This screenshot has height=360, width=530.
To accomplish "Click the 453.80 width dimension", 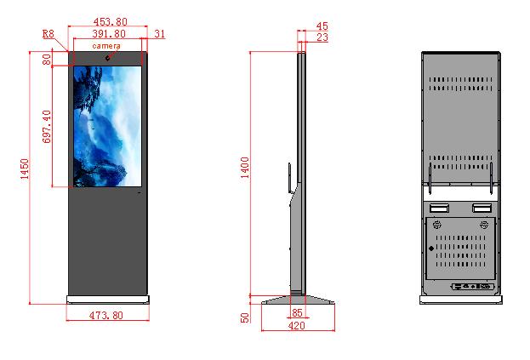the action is (111, 21).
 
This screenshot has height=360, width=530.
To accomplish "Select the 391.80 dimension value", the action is (109, 33).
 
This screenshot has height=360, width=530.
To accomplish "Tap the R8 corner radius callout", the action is (48, 34).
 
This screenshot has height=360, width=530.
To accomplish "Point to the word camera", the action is (106, 46).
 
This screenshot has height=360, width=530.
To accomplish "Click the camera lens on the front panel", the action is (108, 58).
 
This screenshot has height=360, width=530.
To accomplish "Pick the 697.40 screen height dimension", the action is (47, 127).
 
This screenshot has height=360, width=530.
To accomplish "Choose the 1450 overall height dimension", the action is (25, 169).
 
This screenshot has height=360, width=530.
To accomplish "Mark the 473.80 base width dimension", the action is (106, 316).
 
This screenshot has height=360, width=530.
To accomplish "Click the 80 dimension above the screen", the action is (47, 60).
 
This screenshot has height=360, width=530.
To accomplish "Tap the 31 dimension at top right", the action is (160, 34).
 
